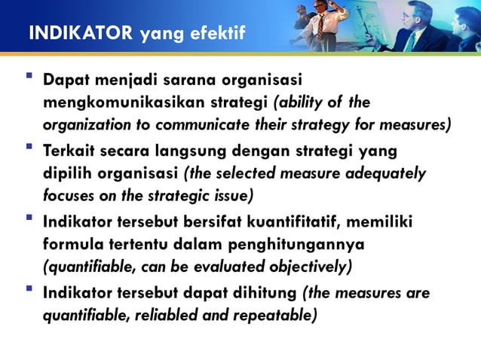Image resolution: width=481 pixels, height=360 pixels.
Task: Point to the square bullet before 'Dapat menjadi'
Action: click(x=29, y=77)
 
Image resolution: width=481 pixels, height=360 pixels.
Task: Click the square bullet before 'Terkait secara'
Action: click(x=29, y=148)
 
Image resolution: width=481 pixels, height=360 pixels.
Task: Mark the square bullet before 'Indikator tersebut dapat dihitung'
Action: click(x=29, y=289)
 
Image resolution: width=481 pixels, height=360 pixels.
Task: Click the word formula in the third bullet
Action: click(x=74, y=245)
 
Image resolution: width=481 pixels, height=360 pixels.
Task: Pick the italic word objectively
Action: click(x=310, y=267)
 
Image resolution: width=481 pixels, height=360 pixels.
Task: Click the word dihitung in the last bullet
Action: click(x=265, y=291)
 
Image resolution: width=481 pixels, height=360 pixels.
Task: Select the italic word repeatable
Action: click(x=279, y=314)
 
